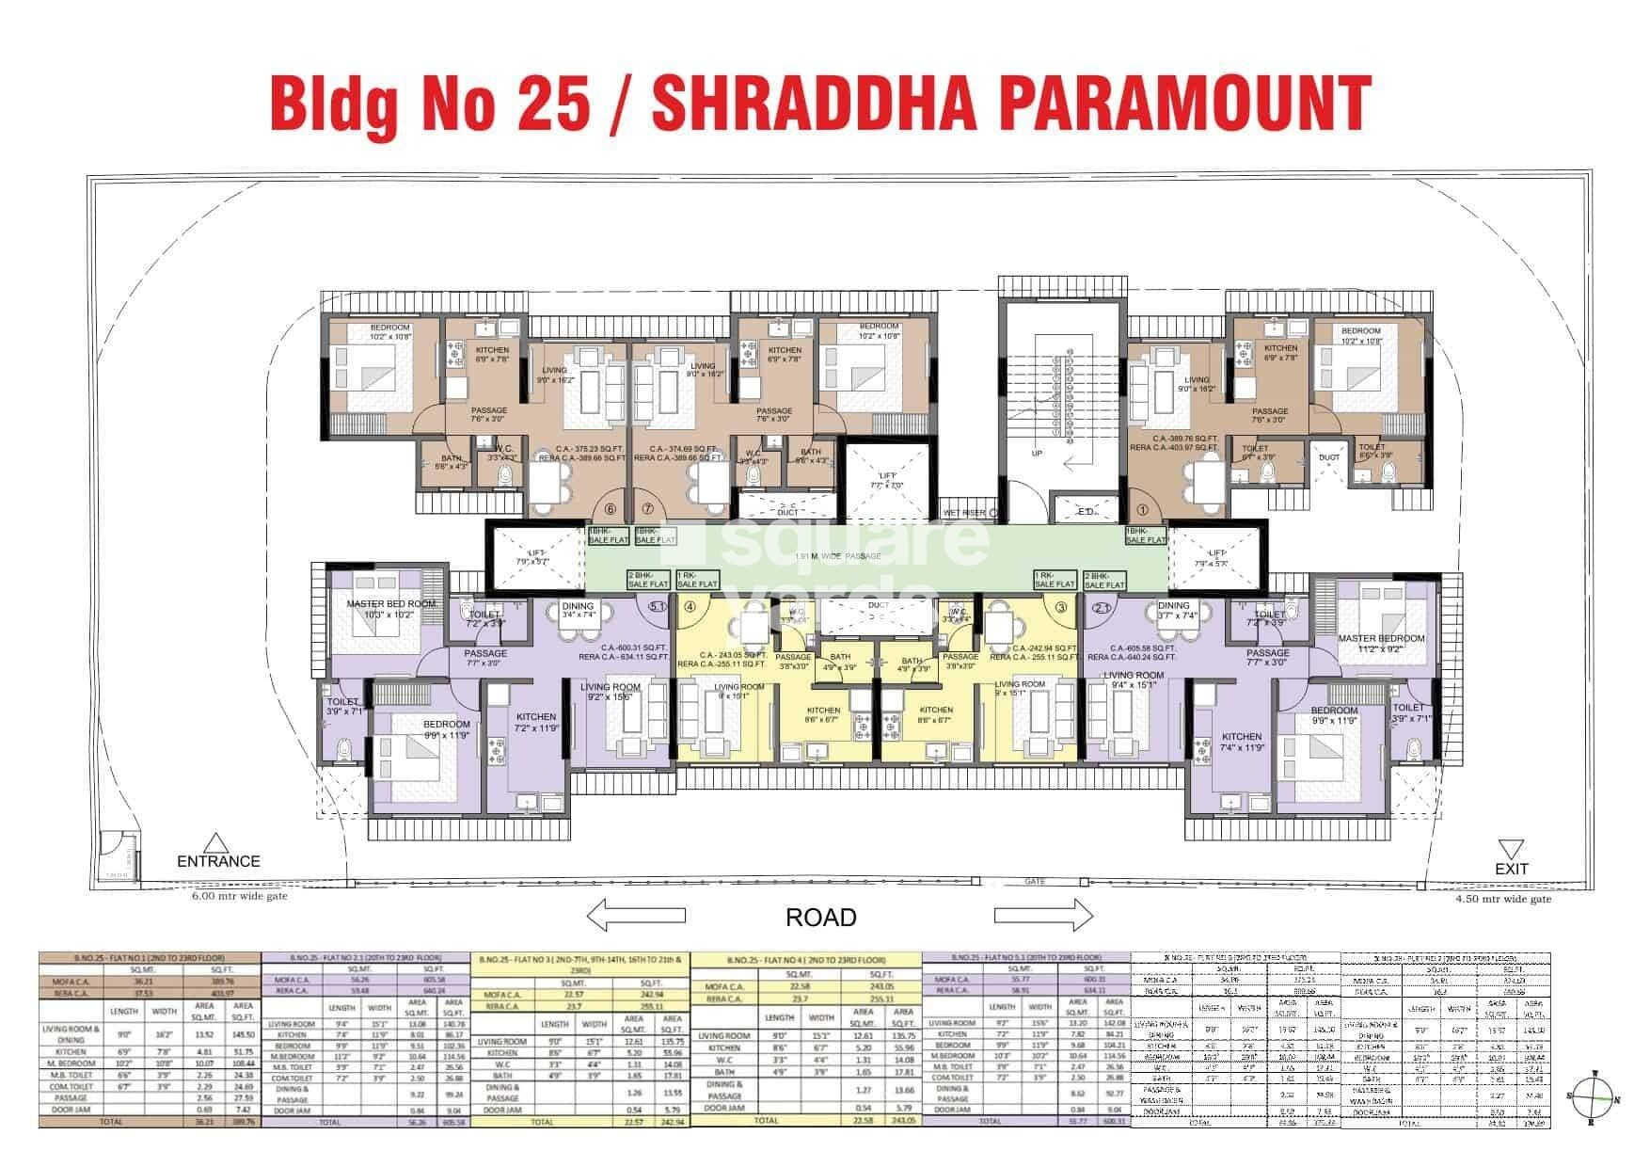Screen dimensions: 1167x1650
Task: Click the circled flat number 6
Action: (611, 509)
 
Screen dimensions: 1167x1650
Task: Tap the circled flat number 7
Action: (647, 509)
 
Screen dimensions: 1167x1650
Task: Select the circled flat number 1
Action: (1143, 509)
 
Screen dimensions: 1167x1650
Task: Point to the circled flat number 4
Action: (690, 607)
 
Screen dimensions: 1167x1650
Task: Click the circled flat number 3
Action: (1061, 607)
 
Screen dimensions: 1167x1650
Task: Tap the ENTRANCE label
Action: (218, 860)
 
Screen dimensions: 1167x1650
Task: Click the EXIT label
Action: (1512, 868)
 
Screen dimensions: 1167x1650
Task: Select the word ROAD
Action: (821, 917)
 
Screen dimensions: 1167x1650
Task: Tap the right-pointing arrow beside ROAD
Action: (1043, 915)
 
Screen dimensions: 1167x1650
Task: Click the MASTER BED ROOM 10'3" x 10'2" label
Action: (391, 609)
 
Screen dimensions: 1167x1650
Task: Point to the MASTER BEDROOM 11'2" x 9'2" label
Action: (1380, 643)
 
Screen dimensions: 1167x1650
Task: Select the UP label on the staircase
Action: (1038, 453)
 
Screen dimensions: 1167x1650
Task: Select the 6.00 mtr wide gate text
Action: (240, 897)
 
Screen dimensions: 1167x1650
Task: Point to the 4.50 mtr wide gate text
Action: (1503, 899)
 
